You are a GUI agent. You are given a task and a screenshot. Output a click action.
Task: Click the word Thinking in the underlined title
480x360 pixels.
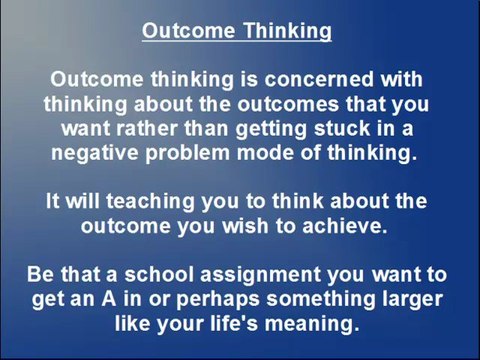pyautogui.click(x=287, y=32)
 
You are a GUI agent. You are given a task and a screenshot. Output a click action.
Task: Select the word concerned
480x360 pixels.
pyautogui.click(x=319, y=79)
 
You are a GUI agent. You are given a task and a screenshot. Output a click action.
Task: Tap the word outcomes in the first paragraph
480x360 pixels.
pyautogui.click(x=288, y=104)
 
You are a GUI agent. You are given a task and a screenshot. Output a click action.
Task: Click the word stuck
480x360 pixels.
pyautogui.click(x=342, y=128)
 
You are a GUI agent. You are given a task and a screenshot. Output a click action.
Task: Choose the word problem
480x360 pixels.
pyautogui.click(x=188, y=153)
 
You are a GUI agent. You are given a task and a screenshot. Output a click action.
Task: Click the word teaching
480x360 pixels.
pyautogui.click(x=150, y=202)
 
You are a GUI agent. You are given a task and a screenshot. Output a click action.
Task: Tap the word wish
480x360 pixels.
pyautogui.click(x=245, y=226)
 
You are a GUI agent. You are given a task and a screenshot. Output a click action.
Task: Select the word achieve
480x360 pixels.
pyautogui.click(x=345, y=226)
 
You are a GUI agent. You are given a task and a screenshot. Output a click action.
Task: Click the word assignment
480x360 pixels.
pyautogui.click(x=260, y=275)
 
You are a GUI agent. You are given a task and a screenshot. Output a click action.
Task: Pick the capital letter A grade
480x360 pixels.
pyautogui.click(x=109, y=299)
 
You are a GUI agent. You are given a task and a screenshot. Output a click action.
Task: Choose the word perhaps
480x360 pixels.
pyautogui.click(x=218, y=300)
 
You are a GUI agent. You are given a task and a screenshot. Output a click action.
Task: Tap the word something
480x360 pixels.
pyautogui.click(x=321, y=300)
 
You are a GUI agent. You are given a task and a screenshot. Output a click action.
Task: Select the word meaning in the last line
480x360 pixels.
pyautogui.click(x=313, y=324)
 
